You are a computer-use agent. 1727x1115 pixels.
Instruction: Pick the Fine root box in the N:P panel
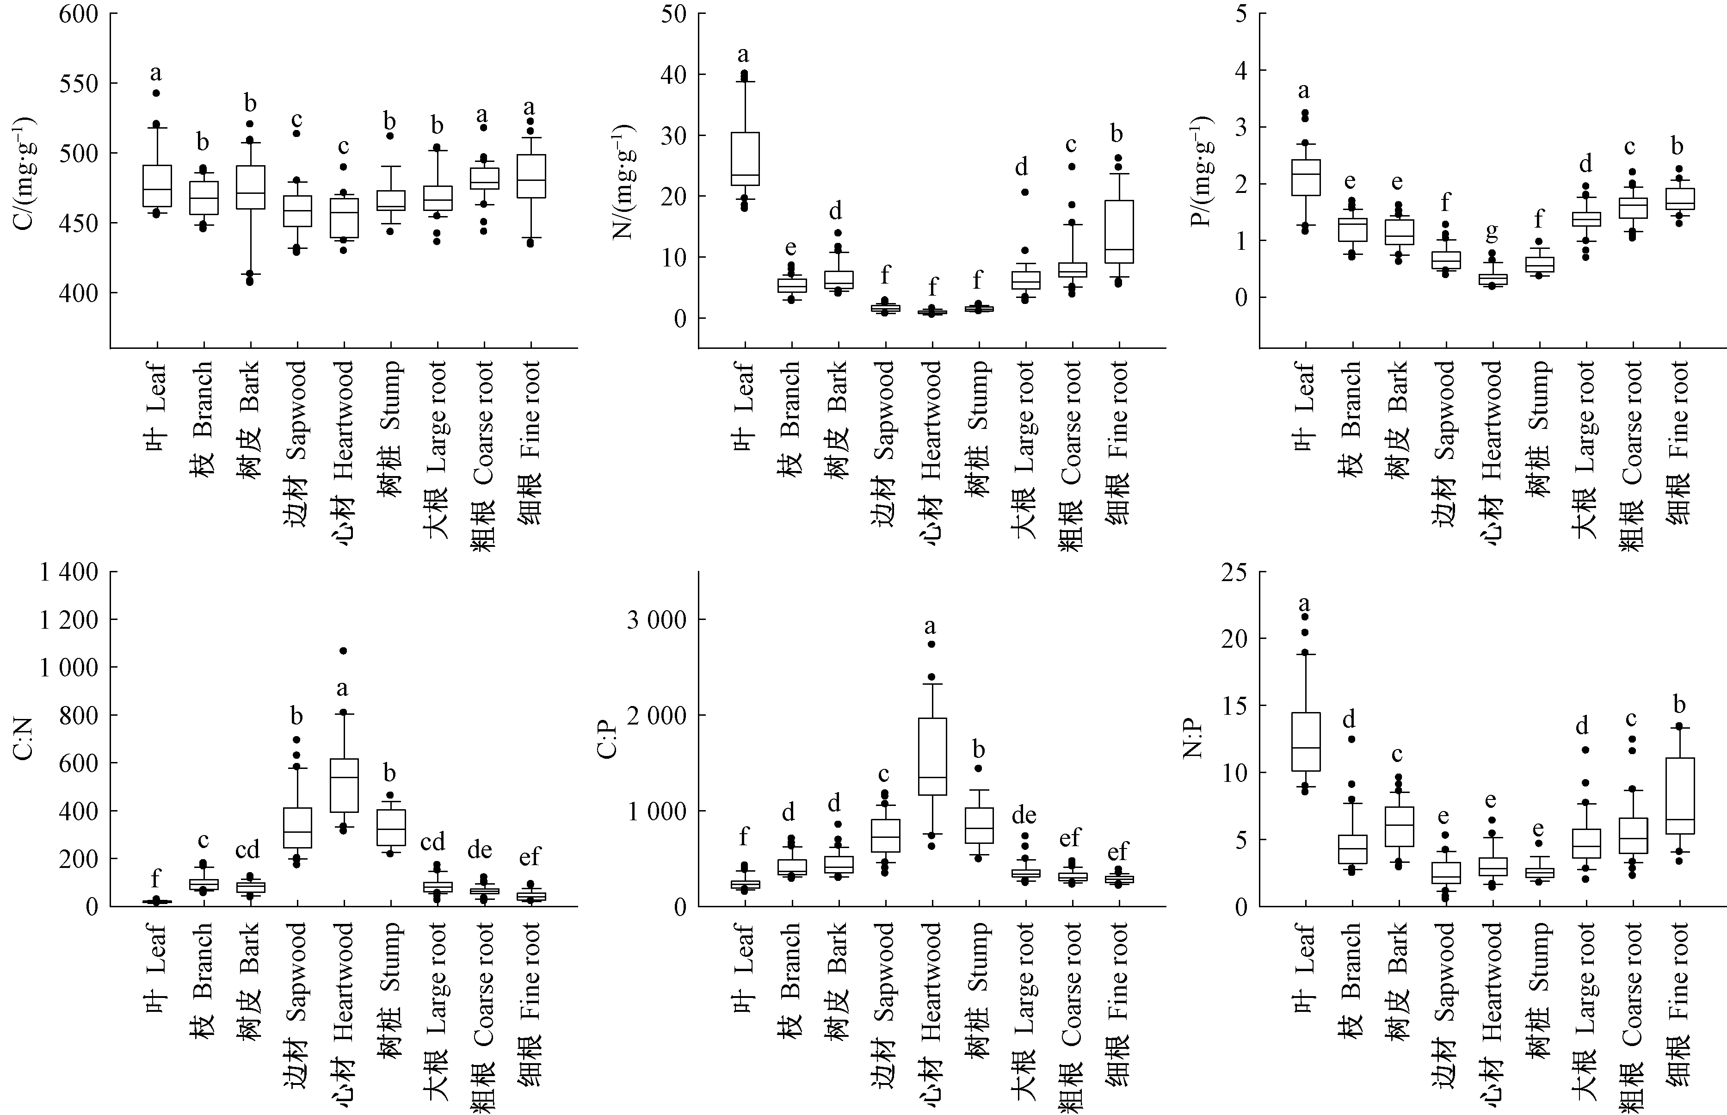(x=1679, y=796)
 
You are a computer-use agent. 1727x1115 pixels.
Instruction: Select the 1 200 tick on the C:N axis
(x=69, y=620)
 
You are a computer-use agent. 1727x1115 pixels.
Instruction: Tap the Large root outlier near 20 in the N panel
(x=1025, y=192)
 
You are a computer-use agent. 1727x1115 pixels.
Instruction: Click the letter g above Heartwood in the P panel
(x=1492, y=232)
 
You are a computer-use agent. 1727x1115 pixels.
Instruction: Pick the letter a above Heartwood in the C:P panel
(x=931, y=626)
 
